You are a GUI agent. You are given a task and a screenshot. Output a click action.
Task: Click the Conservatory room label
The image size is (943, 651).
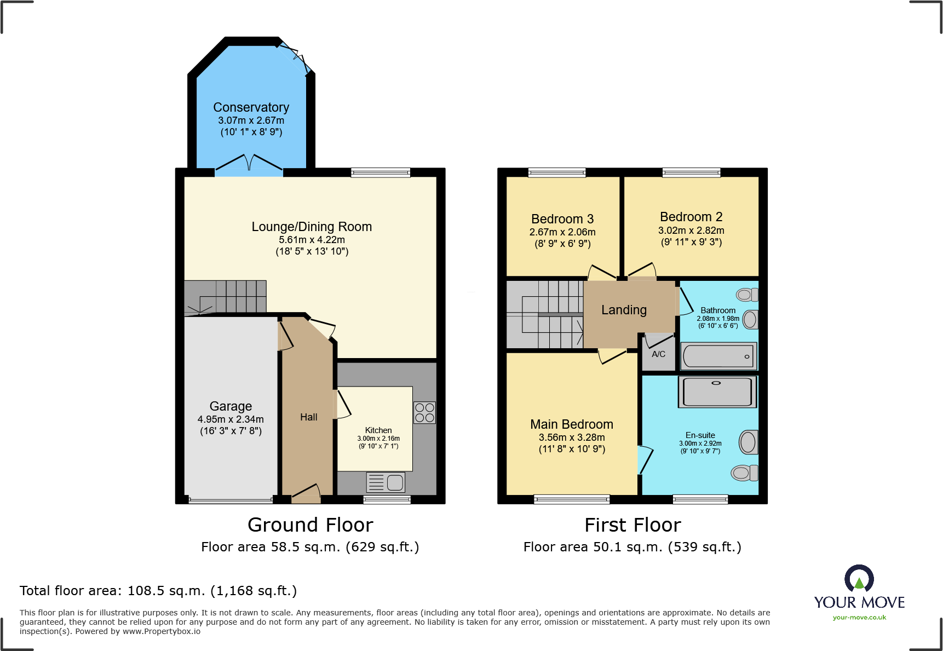[x=251, y=107]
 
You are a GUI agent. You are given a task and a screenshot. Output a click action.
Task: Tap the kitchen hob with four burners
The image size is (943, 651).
[x=424, y=413]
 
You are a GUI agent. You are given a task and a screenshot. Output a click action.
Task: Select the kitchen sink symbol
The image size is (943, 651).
[x=386, y=482]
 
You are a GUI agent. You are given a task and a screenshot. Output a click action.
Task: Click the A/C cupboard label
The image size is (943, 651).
[x=658, y=354]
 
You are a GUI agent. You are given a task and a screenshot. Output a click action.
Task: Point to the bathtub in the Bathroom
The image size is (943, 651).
[x=718, y=357]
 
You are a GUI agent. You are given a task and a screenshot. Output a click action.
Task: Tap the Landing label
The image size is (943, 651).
[x=624, y=310]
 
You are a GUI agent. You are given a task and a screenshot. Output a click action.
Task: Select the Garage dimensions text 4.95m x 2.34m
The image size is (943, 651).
[x=231, y=419]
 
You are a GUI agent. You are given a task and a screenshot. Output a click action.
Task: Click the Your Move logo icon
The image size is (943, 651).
[x=859, y=579]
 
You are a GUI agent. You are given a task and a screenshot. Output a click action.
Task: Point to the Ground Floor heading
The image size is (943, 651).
[x=310, y=525]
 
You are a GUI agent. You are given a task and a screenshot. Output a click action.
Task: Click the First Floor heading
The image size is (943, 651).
[x=633, y=525]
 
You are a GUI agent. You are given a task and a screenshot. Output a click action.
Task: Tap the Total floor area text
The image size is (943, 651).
[x=158, y=591]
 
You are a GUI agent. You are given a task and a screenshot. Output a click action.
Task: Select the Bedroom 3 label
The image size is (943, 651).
[x=562, y=219]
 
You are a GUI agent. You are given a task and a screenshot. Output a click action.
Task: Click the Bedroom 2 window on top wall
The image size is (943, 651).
[x=691, y=172]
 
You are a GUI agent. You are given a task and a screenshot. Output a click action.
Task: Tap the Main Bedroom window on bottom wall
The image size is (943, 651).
[x=571, y=499]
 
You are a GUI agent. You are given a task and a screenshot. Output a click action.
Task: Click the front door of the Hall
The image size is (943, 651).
[x=306, y=494]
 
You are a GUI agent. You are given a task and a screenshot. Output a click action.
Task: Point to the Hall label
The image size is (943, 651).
[x=308, y=417]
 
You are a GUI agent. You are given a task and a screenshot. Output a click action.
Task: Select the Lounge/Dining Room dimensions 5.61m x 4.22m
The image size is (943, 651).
[x=312, y=240]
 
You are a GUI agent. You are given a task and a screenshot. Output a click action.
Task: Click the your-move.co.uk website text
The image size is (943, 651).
[x=859, y=618]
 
